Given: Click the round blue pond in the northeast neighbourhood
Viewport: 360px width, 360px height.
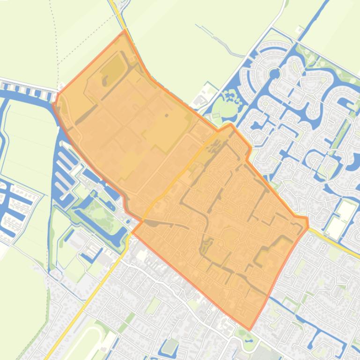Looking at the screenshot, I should (275, 74).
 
